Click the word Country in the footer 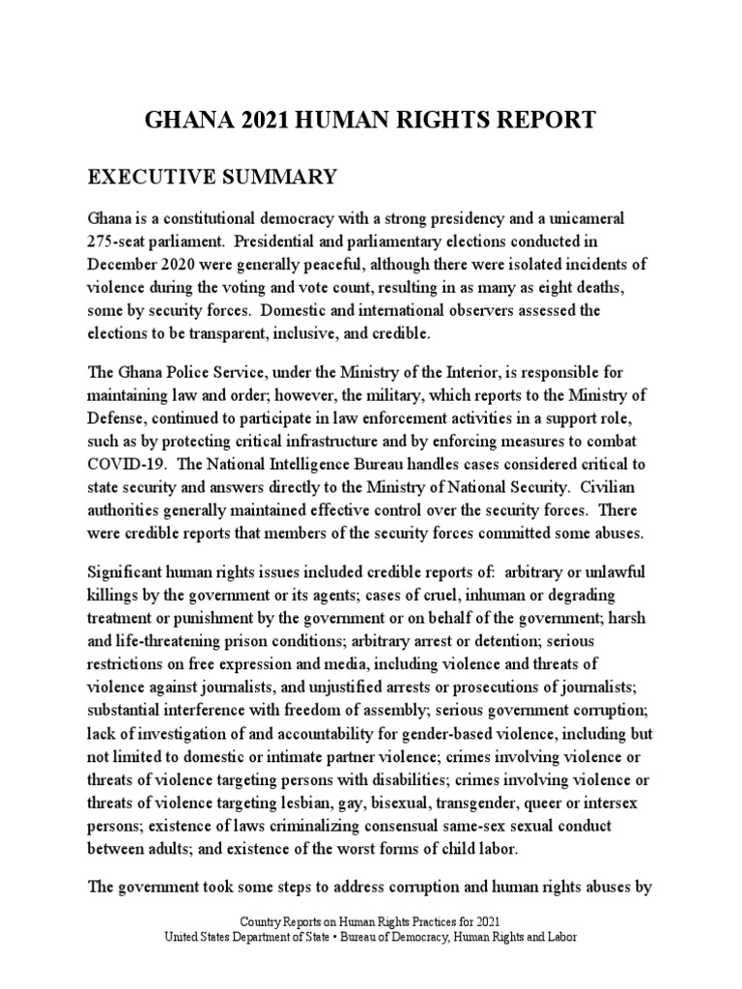266,921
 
